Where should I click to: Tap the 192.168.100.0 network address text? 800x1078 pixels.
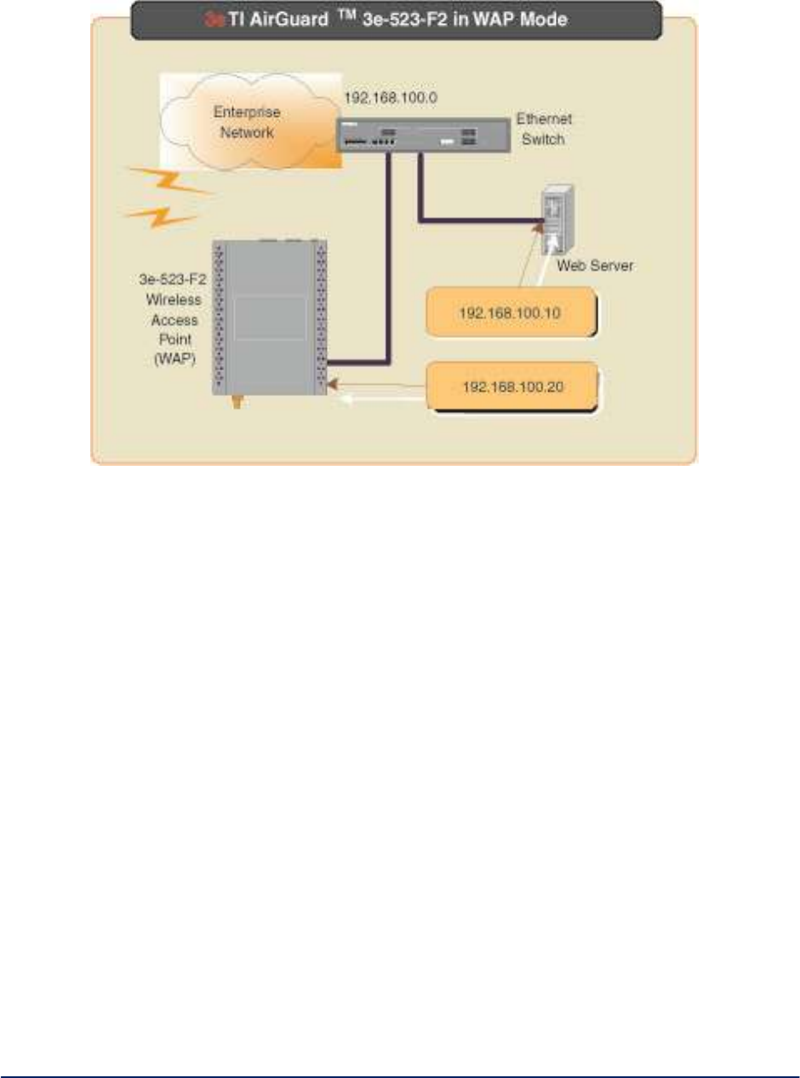[390, 99]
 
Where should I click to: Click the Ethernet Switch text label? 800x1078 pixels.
[542, 130]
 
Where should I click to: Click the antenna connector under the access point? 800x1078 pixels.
[236, 405]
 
